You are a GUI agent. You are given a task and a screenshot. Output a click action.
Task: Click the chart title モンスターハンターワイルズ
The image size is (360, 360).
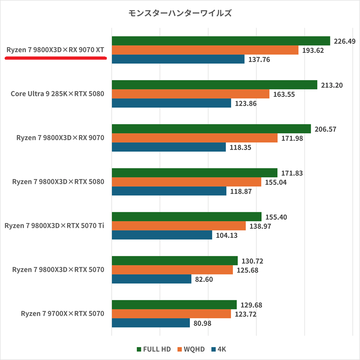180,13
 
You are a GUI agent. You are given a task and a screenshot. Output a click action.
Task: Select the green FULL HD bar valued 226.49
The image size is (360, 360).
221,41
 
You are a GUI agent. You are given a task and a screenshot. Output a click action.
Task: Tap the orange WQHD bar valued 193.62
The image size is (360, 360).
205,50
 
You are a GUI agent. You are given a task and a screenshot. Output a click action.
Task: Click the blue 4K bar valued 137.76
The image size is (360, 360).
178,59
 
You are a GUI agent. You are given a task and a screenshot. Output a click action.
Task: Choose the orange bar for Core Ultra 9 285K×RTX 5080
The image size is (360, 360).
190,94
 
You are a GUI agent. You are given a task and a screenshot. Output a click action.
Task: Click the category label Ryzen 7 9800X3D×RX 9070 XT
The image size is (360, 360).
55,50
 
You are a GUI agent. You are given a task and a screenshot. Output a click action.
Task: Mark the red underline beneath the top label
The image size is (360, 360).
55,58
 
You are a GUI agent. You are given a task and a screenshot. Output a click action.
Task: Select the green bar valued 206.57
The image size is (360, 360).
211,129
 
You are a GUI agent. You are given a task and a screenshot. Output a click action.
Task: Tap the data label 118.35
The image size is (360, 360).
241,147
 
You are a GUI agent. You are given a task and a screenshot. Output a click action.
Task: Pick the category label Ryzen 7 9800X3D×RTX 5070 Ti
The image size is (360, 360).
54,226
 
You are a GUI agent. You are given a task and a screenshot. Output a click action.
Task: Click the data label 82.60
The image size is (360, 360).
204,279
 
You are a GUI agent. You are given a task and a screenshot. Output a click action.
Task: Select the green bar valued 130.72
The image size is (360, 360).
175,261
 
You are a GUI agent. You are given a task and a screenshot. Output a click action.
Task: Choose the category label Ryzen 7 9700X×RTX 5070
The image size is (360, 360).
62,314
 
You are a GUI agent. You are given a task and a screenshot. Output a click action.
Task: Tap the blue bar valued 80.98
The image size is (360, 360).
151,323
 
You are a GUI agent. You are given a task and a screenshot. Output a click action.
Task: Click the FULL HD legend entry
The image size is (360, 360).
154,349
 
